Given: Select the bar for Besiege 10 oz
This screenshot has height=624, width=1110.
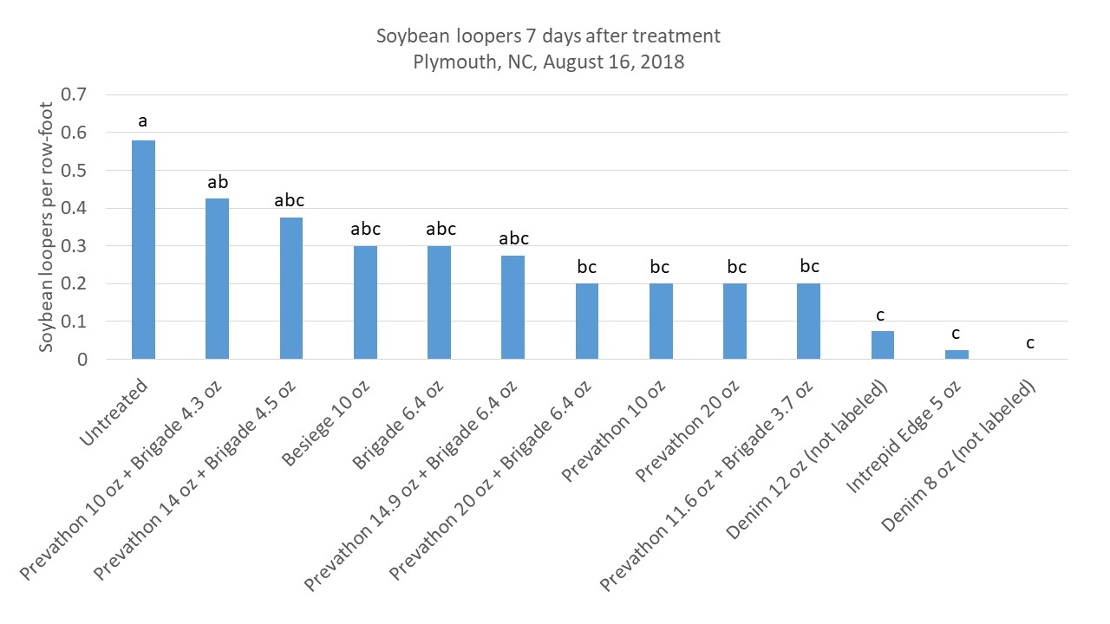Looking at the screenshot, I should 365,302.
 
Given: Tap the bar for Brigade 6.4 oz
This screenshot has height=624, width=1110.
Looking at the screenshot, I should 439,302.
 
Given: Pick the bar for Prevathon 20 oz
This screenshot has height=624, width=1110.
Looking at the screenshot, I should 735,322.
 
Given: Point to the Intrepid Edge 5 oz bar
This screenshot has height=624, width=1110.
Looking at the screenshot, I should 957,354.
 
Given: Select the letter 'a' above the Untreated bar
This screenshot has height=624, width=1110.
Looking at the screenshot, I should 143,122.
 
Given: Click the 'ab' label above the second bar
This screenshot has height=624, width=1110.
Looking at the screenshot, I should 217,183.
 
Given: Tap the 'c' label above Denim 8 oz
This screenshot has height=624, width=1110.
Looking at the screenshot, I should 1030,343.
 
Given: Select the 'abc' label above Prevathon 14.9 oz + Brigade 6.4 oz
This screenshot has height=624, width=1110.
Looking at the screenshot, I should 513,238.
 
